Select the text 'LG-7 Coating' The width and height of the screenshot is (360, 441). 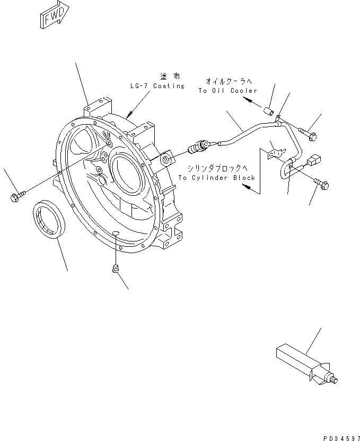(156, 85)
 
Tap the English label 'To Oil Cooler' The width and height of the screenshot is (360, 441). (227, 91)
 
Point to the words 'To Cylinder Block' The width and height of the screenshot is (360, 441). (216, 178)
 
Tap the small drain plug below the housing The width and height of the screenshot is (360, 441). (114, 270)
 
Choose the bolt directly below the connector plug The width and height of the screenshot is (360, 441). (322, 185)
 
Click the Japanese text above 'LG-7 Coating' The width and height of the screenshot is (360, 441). (169, 77)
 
